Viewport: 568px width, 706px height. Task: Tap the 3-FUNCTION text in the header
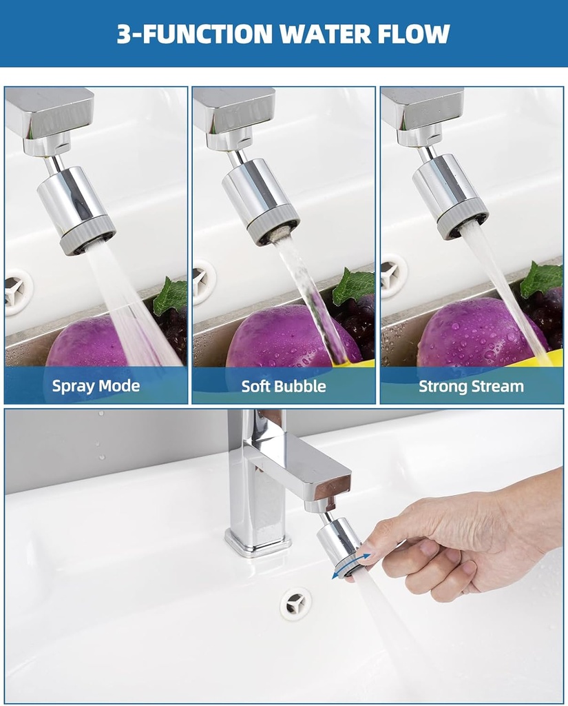pos(194,33)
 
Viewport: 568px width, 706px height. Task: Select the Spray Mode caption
pos(96,386)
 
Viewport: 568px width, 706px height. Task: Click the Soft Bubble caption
pos(284,386)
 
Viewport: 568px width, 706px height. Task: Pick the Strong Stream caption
pos(471,386)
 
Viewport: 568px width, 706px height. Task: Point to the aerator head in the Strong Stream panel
pos(450,196)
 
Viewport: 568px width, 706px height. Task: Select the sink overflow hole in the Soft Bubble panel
pos(204,281)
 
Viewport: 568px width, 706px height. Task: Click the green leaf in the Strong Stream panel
pos(541,279)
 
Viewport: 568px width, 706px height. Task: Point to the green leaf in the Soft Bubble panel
pos(355,286)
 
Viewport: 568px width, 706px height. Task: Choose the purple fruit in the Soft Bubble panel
pos(282,338)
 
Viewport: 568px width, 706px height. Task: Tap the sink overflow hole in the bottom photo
pos(295,604)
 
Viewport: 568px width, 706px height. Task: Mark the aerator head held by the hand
pos(339,544)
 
